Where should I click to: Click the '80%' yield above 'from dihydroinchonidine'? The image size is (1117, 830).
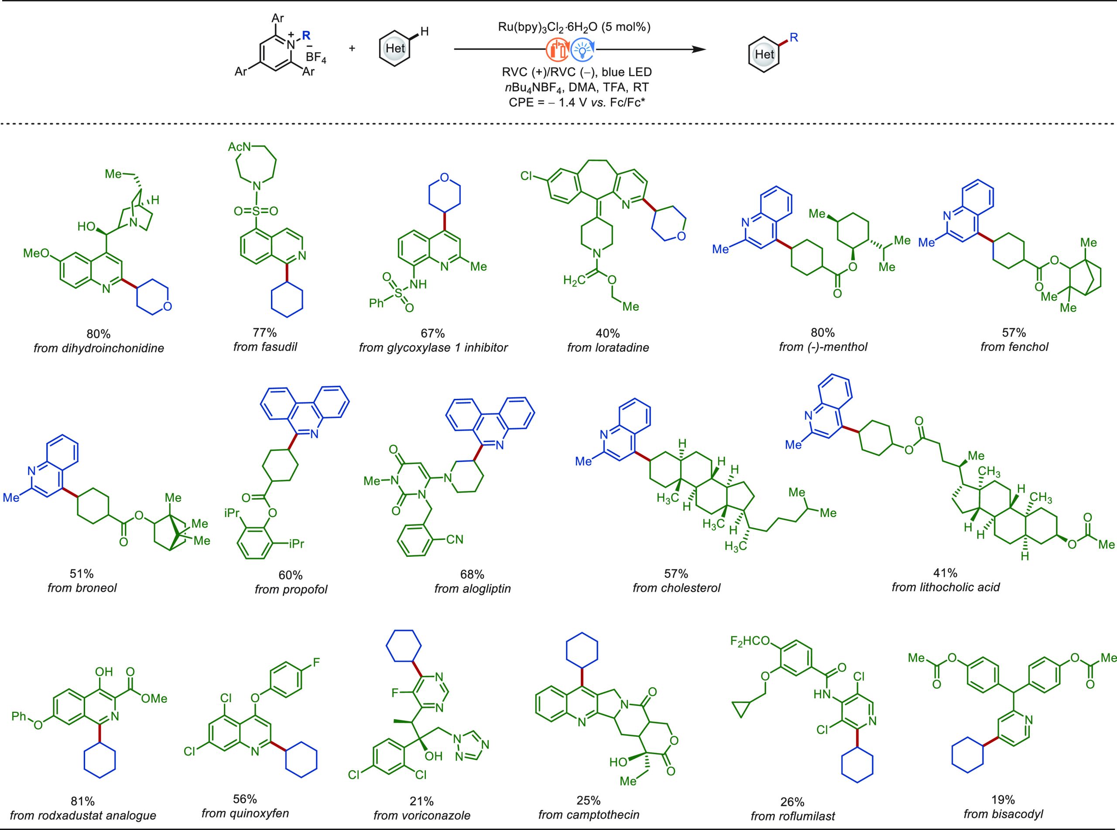coord(99,333)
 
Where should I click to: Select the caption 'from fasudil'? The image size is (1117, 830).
coord(265,346)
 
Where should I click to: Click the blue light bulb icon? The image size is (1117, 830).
coord(582,50)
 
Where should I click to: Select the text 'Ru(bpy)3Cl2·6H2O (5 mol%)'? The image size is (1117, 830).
coord(574,27)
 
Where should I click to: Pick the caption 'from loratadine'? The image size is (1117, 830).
coord(608,347)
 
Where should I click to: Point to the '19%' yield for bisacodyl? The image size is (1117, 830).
coord(1003,799)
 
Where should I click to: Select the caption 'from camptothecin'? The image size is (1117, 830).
coord(589,815)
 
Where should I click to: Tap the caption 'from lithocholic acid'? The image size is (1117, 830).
coord(946,587)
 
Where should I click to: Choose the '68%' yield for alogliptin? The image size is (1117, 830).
coord(472,574)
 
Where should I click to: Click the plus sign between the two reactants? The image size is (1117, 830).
coord(352,48)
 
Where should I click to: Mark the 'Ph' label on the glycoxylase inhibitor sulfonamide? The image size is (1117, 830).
coord(377,303)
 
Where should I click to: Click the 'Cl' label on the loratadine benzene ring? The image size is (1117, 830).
coord(527,176)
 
